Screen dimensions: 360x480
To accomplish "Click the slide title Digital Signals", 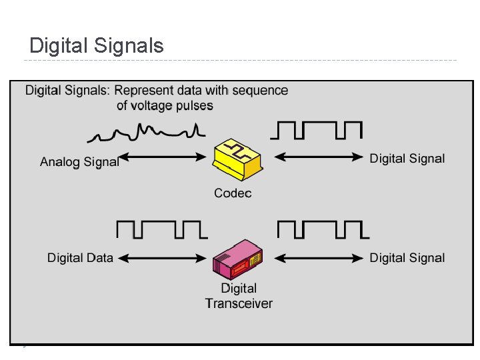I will click(97, 46).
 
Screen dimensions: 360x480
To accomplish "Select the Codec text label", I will click(233, 193).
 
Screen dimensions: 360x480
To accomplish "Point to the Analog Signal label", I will click(79, 162).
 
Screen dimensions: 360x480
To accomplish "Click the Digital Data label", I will click(80, 258).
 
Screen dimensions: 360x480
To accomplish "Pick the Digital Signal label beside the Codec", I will click(407, 158).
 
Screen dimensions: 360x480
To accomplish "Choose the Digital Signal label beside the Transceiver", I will click(407, 258).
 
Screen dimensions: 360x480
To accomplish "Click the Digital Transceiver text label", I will click(239, 296).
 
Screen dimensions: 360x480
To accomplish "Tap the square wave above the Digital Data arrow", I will click(161, 229).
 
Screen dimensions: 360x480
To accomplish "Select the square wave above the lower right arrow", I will click(323, 229).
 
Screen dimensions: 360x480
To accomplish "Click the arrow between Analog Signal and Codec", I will click(164, 158).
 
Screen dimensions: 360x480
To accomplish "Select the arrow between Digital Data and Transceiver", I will click(164, 258).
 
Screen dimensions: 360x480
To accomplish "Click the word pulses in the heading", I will click(195, 105).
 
